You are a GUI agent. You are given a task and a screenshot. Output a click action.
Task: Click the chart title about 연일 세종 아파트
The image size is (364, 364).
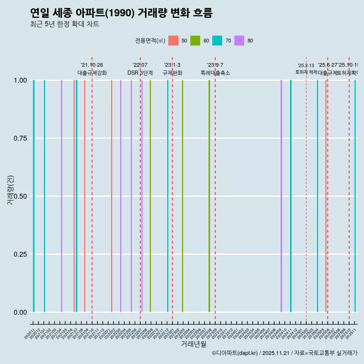click(121, 13)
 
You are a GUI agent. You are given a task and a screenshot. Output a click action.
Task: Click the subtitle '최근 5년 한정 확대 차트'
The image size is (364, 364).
click(64, 24)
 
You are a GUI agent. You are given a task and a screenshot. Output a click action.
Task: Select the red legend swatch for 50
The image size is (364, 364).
click(173, 41)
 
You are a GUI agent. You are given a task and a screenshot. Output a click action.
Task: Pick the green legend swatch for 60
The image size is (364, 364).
click(195, 41)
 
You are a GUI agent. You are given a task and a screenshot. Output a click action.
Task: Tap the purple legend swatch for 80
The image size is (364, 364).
click(239, 41)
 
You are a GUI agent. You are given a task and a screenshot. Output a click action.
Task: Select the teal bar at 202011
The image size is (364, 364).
click(34, 196)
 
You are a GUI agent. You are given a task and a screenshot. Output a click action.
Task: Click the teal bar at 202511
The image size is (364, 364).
click(355, 196)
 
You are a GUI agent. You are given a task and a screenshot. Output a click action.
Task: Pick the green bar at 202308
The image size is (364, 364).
click(209, 196)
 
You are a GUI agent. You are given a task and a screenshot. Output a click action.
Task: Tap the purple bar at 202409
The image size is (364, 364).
click(281, 196)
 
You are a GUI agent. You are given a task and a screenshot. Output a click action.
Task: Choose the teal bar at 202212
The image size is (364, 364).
click(168, 196)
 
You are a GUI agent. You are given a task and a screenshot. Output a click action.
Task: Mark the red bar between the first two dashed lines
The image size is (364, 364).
click(111, 196)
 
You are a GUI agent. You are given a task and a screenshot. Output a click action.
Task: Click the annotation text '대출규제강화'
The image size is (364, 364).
click(92, 73)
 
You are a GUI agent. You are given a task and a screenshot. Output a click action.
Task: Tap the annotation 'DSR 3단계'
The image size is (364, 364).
click(140, 73)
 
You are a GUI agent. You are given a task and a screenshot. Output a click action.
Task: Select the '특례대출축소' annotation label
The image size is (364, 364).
click(215, 73)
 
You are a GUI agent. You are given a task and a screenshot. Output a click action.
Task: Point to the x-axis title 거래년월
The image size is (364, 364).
click(193, 344)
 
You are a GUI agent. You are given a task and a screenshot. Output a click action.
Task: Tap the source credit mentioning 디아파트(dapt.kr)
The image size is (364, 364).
click(284, 353)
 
